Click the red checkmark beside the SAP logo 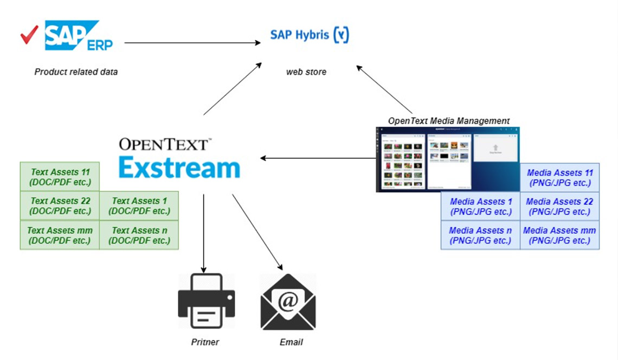[29, 35]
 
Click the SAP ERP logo [79, 35]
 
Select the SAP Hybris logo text [310, 35]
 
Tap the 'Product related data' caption [76, 72]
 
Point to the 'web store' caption [306, 72]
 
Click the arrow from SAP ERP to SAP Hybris [192, 43]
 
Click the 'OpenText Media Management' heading [449, 120]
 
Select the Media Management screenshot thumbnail [448, 159]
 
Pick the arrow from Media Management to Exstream [318, 158]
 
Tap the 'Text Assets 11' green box [60, 177]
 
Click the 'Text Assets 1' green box [139, 206]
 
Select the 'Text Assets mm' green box [60, 235]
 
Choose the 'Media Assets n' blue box [480, 235]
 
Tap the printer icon [207, 301]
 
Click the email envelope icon [288, 302]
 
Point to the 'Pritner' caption [205, 342]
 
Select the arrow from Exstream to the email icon [257, 232]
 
